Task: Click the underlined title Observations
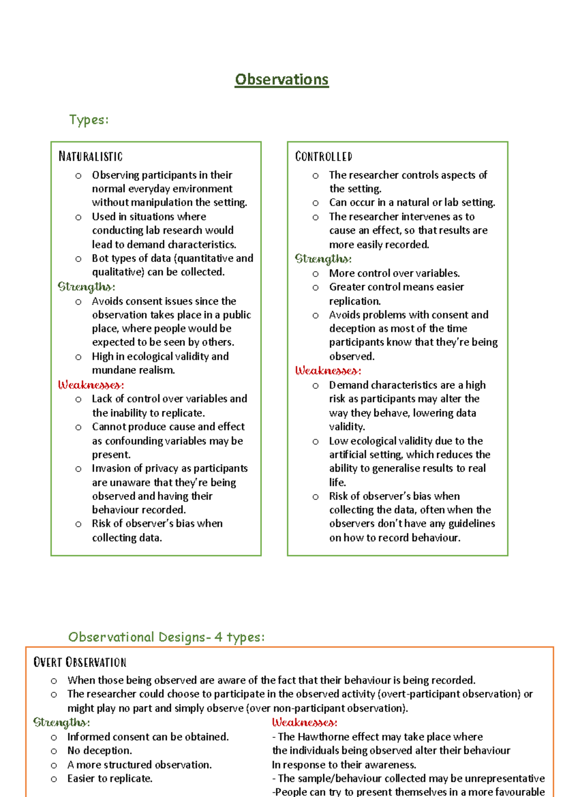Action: pos(281,79)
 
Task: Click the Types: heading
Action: pos(89,120)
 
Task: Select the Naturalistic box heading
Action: pos(91,156)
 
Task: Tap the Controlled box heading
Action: pos(324,156)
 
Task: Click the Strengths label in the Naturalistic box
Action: pos(86,286)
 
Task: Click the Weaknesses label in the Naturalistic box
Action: pos(91,385)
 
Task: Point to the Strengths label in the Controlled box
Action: pos(323,259)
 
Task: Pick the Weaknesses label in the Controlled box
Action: pos(328,371)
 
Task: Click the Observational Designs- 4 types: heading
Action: pos(166,637)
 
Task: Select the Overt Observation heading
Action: pos(80,662)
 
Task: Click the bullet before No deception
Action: pos(54,751)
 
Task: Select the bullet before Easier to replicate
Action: pos(54,779)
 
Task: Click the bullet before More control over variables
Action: pos(315,274)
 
